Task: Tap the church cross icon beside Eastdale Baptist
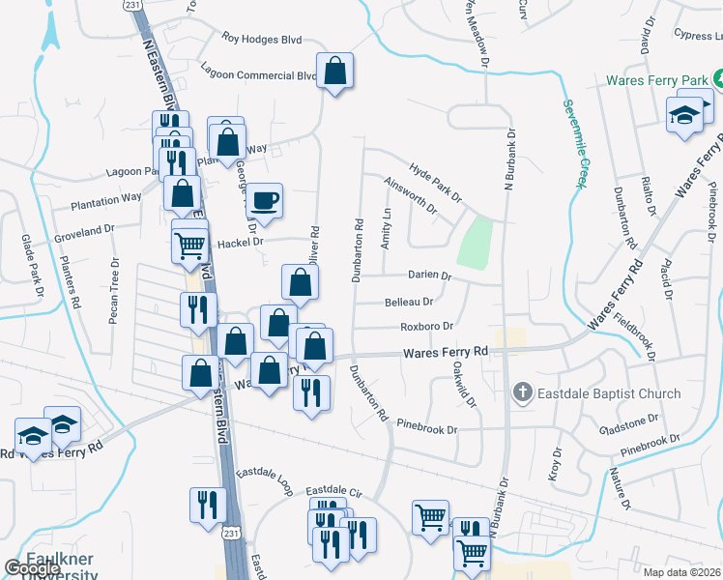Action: [x=521, y=392]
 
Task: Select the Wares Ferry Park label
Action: [x=657, y=81]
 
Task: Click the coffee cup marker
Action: [x=264, y=201]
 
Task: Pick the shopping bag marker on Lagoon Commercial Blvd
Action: [x=334, y=71]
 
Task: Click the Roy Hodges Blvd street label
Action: [x=262, y=40]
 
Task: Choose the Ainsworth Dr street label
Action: [x=410, y=194]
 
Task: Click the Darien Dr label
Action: [x=430, y=275]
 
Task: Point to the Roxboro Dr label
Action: [x=426, y=327]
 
